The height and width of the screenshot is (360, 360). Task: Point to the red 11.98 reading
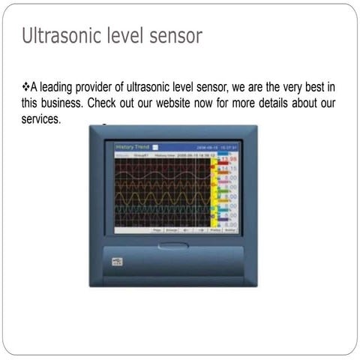pos(229,160)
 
